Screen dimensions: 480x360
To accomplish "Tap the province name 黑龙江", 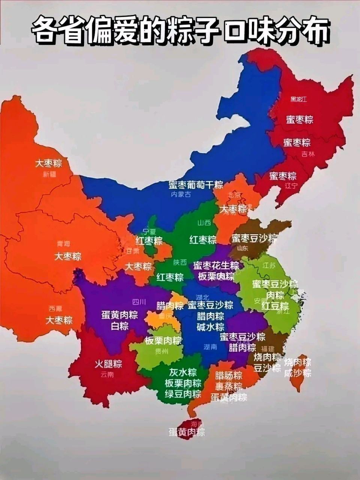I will (298, 99).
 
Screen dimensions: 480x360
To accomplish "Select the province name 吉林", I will (308, 154).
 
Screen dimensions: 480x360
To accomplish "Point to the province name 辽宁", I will (290, 186).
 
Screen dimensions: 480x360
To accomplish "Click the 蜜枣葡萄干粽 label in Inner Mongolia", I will (195, 184).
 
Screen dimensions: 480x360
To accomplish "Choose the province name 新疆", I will (49, 174).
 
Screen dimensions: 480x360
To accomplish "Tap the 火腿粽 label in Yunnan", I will (108, 364).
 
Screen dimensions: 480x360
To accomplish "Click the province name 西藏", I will (55, 309).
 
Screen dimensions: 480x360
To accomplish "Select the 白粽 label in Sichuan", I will (119, 326).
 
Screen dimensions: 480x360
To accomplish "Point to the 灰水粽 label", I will (183, 372).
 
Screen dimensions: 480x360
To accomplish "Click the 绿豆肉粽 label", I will (183, 394).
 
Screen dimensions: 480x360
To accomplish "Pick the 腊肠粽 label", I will (228, 375).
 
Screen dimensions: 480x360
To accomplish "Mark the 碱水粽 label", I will (210, 327).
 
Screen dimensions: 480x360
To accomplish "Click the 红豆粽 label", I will (275, 306).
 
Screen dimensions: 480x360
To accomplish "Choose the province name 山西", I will (204, 223).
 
